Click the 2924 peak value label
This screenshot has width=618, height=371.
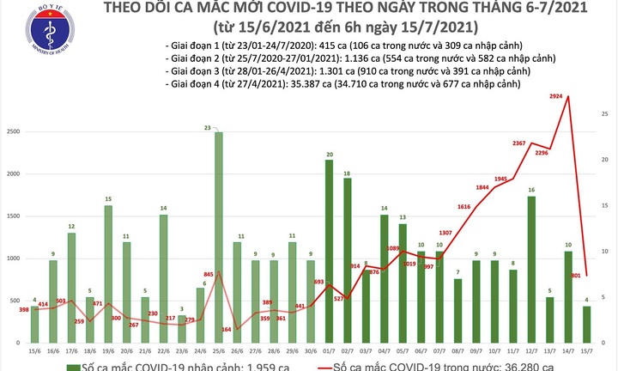coord(558,98)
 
